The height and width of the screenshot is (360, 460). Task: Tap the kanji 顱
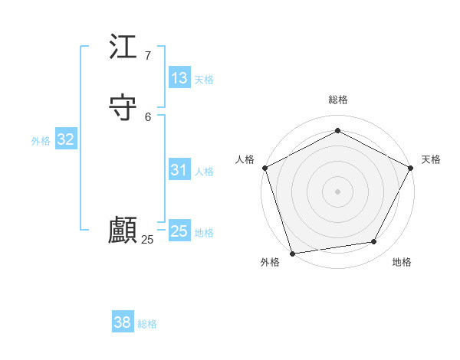(x=123, y=231)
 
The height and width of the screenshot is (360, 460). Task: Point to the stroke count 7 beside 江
(x=147, y=56)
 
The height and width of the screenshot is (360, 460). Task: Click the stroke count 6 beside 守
(x=147, y=116)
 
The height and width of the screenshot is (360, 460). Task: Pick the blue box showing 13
(x=179, y=78)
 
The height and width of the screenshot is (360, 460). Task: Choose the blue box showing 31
(x=179, y=170)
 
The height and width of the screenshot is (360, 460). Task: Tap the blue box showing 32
(x=65, y=139)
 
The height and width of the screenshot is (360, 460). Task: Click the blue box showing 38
(x=123, y=322)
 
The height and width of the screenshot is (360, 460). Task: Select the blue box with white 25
(x=179, y=231)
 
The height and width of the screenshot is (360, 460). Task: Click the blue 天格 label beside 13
(x=204, y=80)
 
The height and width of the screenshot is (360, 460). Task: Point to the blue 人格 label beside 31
(x=204, y=172)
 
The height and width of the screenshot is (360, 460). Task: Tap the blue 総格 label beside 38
(x=147, y=324)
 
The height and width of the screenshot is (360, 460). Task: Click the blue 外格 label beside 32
(x=41, y=141)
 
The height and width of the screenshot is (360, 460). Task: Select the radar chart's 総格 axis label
(x=337, y=100)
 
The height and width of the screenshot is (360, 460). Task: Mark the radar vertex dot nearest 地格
(x=374, y=241)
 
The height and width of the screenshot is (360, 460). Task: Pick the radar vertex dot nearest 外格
(x=292, y=253)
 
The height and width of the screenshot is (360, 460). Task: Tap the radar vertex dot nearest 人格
(x=264, y=167)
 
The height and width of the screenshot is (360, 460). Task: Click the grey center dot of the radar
(x=337, y=191)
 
